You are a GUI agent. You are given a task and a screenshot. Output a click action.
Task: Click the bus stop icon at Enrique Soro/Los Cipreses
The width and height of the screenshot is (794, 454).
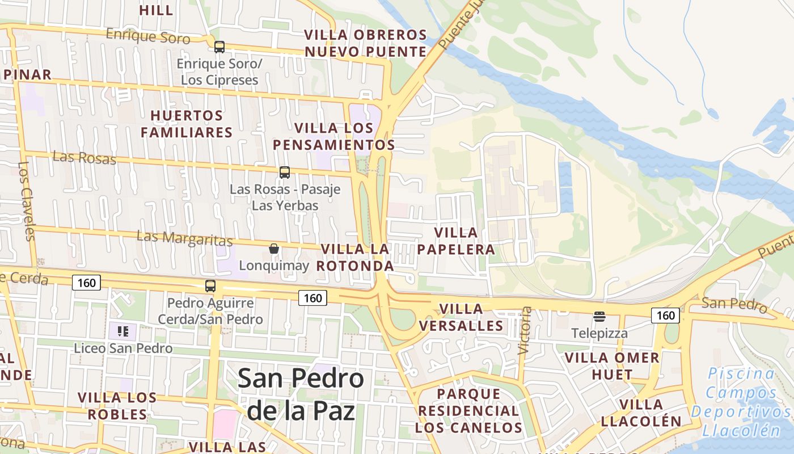(219, 47)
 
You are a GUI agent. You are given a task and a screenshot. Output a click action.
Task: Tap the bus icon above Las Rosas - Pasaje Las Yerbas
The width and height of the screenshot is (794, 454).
(285, 172)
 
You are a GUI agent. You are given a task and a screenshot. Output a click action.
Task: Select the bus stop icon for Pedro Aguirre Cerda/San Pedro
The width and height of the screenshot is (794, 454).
(210, 286)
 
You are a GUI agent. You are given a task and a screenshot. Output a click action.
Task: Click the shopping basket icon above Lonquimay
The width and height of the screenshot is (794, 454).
(274, 249)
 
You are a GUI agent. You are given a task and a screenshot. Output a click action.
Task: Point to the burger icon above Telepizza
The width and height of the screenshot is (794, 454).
(599, 316)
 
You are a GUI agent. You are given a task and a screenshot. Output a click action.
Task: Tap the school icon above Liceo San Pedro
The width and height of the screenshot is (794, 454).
(123, 331)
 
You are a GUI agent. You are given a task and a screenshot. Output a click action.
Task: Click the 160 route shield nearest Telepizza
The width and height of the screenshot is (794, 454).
(665, 316)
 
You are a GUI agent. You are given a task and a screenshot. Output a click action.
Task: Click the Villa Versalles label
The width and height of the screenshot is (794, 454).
(462, 317)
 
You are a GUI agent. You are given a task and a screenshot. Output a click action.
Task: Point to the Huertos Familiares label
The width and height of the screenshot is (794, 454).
(187, 124)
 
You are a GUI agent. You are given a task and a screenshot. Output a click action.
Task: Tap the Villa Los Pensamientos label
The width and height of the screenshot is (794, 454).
(334, 136)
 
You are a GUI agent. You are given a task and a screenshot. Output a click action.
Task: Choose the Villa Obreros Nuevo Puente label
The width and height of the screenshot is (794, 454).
(366, 43)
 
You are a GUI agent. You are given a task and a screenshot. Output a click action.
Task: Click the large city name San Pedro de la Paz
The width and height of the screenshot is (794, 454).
(301, 394)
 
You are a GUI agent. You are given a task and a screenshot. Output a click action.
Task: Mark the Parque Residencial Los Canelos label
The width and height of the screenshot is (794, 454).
(468, 410)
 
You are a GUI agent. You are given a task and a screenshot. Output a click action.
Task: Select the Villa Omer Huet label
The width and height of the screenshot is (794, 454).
(612, 366)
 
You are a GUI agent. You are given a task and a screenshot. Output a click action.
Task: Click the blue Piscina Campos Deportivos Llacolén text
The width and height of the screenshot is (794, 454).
(741, 402)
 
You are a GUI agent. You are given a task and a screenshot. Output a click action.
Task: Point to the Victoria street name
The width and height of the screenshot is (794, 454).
(525, 331)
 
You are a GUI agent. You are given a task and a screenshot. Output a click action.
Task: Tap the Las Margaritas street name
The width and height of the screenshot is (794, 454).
(185, 238)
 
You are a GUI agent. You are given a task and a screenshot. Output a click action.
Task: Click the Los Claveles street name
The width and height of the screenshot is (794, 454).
(27, 201)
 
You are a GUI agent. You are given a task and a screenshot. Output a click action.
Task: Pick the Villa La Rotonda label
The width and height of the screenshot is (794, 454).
(355, 257)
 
